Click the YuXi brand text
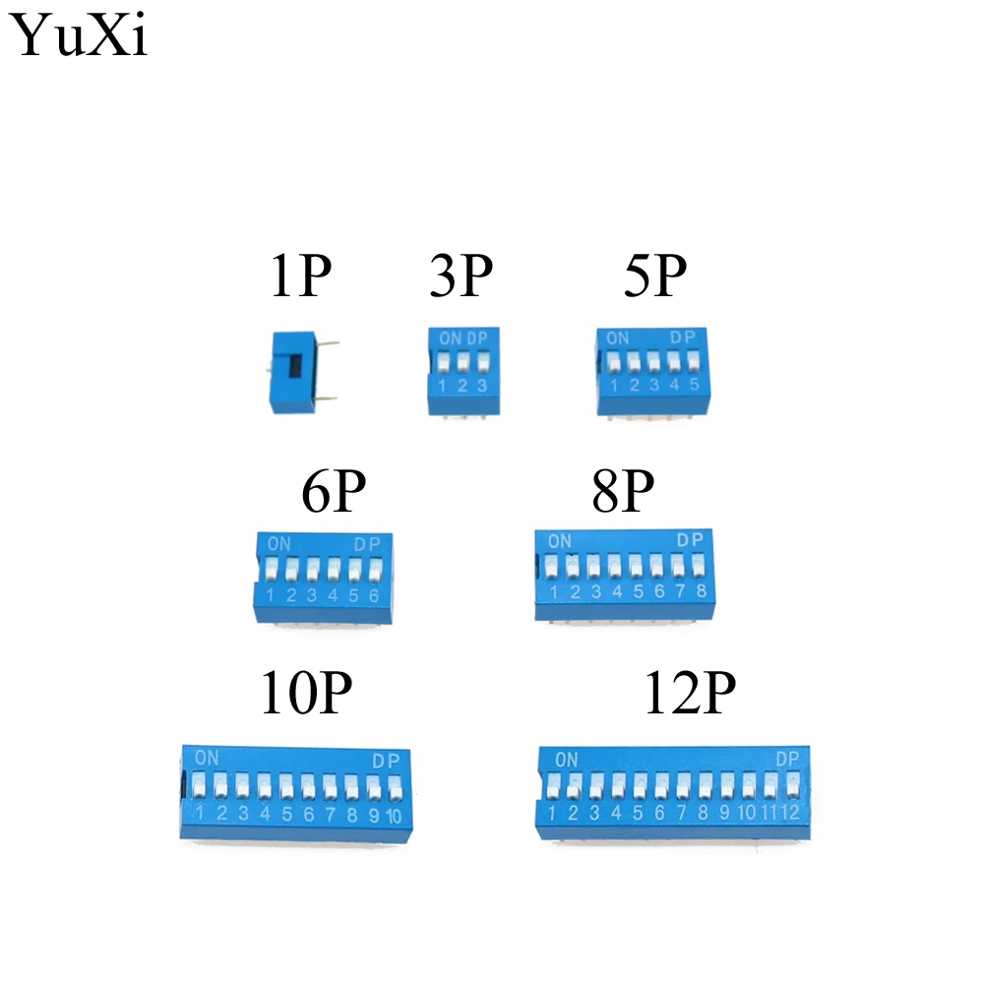coord(78,35)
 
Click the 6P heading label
coord(334,491)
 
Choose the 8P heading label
coord(623,491)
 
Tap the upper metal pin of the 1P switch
coord(328,343)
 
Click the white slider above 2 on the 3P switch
coord(463,362)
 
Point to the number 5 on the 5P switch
coord(694,384)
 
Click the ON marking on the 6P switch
coord(278,543)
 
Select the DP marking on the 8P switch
coord(690,539)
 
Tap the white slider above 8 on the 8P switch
coord(698,566)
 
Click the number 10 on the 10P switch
coord(394,815)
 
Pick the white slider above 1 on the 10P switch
coord(199,784)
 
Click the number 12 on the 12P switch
coord(790,812)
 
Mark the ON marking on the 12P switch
coord(566,760)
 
